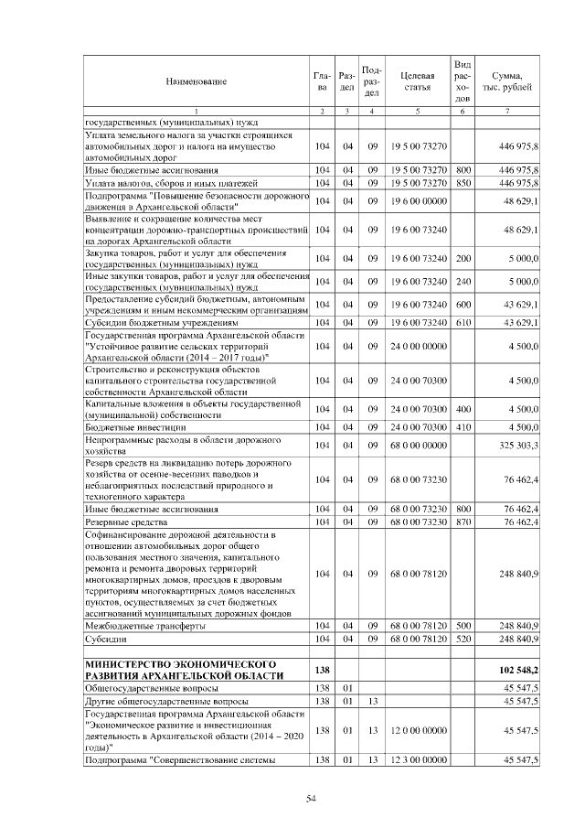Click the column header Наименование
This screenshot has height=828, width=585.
[196, 81]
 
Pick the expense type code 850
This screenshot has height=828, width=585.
[463, 183]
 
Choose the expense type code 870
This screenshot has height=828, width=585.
[463, 522]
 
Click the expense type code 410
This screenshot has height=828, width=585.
[463, 426]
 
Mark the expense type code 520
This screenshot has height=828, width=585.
[463, 639]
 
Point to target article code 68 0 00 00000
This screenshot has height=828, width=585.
[416, 445]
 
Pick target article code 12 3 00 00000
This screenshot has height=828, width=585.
[416, 760]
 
